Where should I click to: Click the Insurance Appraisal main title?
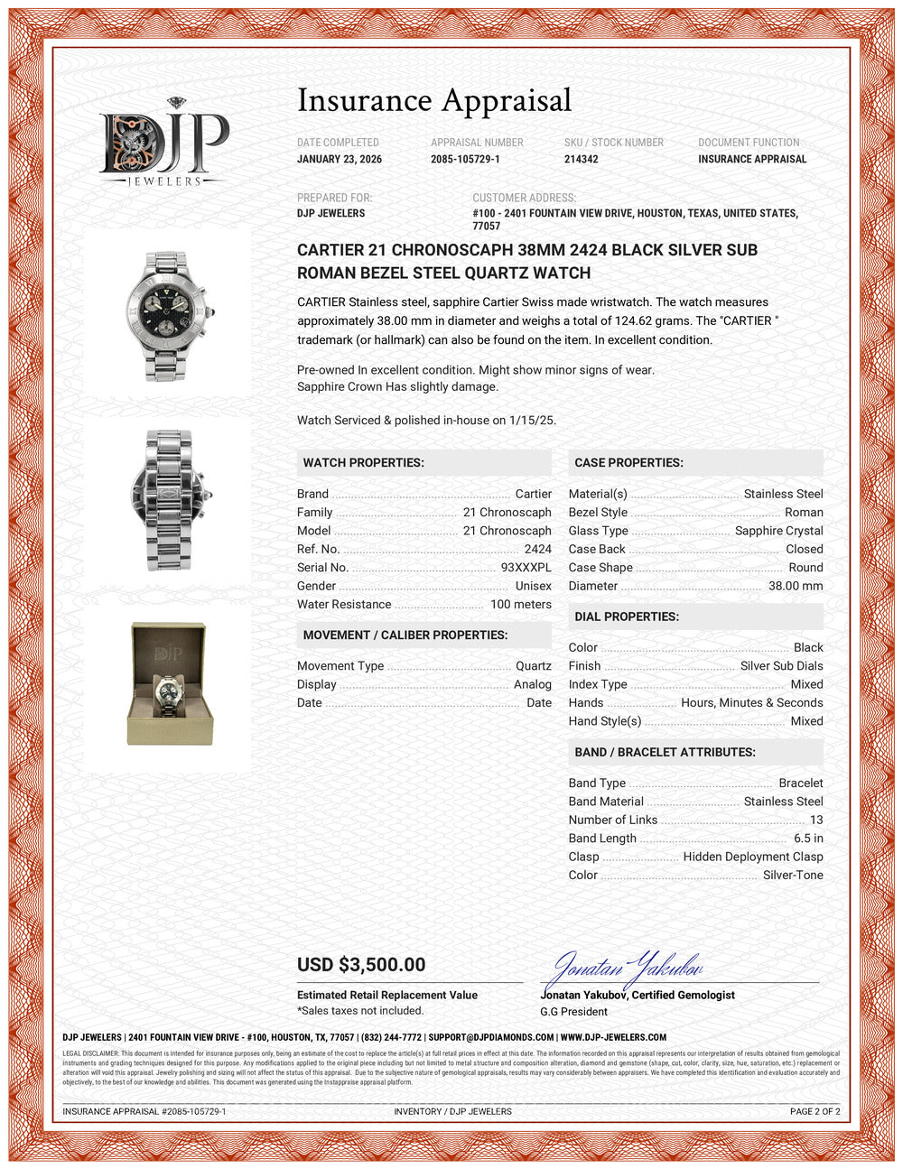click(x=434, y=100)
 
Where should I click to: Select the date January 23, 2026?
click(x=340, y=159)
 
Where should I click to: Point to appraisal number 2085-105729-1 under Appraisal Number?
click(x=465, y=159)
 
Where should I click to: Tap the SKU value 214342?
click(x=582, y=159)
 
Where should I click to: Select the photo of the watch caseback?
click(x=169, y=499)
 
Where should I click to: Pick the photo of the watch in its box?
click(x=169, y=683)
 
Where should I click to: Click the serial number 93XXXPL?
click(x=526, y=568)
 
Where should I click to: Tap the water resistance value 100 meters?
click(x=520, y=605)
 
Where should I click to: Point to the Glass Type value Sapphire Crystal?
click(x=778, y=531)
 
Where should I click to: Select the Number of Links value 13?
click(x=816, y=820)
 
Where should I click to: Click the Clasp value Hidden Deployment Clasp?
click(x=753, y=857)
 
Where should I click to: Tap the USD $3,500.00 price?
click(x=361, y=965)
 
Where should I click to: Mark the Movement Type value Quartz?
click(x=533, y=666)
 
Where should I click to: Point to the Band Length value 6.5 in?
click(x=808, y=839)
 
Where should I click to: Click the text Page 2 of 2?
click(x=815, y=1111)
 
